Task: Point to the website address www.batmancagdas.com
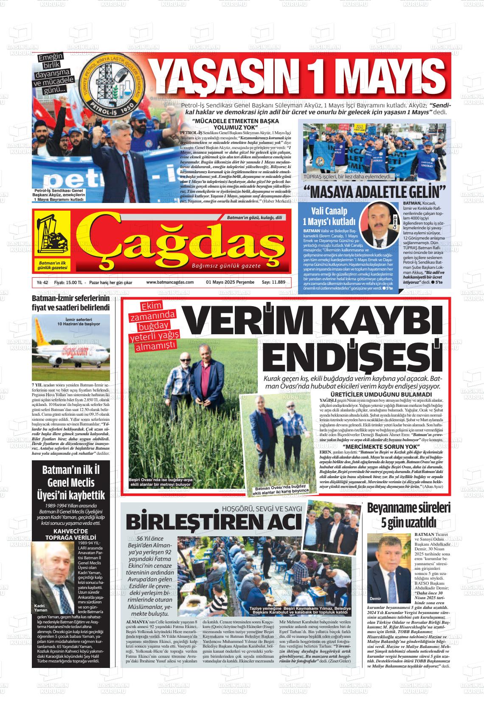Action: pyautogui.click(x=170, y=282)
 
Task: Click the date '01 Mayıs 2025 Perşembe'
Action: pyautogui.click(x=230, y=282)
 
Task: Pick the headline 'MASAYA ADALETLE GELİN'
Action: pyautogui.click(x=374, y=192)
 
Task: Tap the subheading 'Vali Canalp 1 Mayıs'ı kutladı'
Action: pyautogui.click(x=329, y=216)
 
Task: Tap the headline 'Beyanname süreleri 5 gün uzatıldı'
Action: pyautogui.click(x=408, y=515)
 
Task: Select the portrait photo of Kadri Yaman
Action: pyautogui.click(x=56, y=573)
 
